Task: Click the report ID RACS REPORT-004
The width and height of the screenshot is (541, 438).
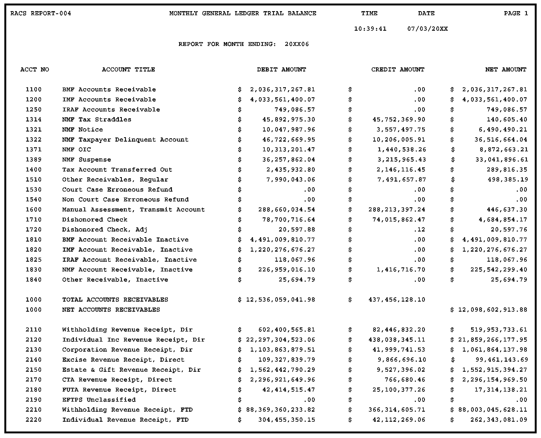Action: (x=41, y=13)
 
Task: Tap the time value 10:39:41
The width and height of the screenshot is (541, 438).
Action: (x=370, y=29)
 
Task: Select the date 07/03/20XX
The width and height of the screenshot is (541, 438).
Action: (x=427, y=29)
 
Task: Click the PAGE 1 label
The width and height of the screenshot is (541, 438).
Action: (x=516, y=13)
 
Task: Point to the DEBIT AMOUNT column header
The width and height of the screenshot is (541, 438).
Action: (x=282, y=70)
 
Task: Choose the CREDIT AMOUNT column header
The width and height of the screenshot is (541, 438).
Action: (x=398, y=70)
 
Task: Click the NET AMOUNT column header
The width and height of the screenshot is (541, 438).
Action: (x=506, y=70)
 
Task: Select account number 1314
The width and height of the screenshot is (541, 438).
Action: (x=34, y=120)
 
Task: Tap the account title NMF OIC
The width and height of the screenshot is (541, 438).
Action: (x=76, y=149)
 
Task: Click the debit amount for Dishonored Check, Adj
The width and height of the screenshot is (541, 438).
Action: (x=297, y=230)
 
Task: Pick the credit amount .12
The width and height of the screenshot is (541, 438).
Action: (x=419, y=230)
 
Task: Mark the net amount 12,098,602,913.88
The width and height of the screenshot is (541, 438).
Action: (x=493, y=310)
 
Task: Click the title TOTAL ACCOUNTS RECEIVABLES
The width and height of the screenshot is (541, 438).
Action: (x=115, y=300)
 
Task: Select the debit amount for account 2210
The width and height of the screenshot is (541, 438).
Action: (x=280, y=410)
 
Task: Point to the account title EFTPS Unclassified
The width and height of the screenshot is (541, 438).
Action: (x=99, y=400)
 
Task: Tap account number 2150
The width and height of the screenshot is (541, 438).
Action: (x=34, y=370)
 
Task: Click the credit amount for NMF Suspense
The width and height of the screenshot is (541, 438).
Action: (x=401, y=159)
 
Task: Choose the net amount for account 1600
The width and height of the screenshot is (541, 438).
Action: (x=507, y=209)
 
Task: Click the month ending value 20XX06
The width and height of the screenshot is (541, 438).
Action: (x=297, y=44)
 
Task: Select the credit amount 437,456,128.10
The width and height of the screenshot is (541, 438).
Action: (x=397, y=300)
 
